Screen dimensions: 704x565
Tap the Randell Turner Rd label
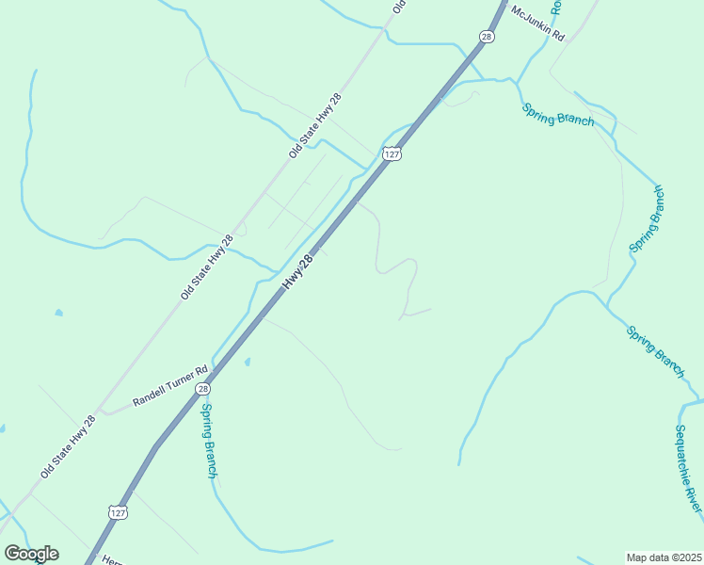coord(169,386)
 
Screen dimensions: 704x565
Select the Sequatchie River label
coord(688,468)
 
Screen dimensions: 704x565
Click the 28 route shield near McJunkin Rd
coord(486,37)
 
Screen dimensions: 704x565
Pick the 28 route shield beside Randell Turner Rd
coord(202,388)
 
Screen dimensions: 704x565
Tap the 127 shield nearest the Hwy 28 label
coord(392,153)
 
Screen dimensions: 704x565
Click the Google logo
coord(31,554)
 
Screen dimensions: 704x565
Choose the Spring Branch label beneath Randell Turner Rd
coord(210,441)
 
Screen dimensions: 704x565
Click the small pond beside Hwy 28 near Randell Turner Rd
coord(247,361)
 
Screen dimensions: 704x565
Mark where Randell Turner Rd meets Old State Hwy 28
coord(105,412)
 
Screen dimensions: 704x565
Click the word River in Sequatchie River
coord(694,496)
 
